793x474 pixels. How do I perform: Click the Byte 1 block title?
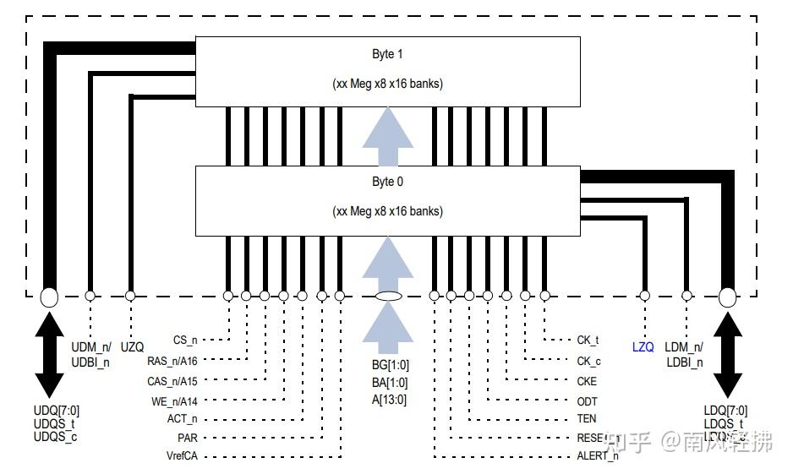[x=387, y=54]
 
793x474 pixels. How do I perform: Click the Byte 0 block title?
[x=387, y=182]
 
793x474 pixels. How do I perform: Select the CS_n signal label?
[x=184, y=341]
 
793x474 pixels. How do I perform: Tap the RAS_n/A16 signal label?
[x=172, y=361]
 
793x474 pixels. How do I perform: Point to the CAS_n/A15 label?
[x=172, y=381]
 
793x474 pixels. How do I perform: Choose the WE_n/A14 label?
[x=173, y=400]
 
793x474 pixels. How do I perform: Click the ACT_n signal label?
[x=182, y=419]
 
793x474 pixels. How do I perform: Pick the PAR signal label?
[x=188, y=439]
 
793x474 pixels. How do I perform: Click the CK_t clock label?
[x=588, y=341]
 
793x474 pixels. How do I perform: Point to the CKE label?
[x=587, y=381]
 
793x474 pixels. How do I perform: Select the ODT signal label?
[x=587, y=400]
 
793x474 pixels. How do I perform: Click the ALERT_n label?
[x=597, y=457]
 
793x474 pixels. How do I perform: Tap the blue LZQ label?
[x=643, y=347]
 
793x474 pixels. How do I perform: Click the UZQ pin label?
[x=132, y=347]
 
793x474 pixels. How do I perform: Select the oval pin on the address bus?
[x=388, y=296]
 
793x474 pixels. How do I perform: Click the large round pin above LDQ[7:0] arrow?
[x=727, y=297]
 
